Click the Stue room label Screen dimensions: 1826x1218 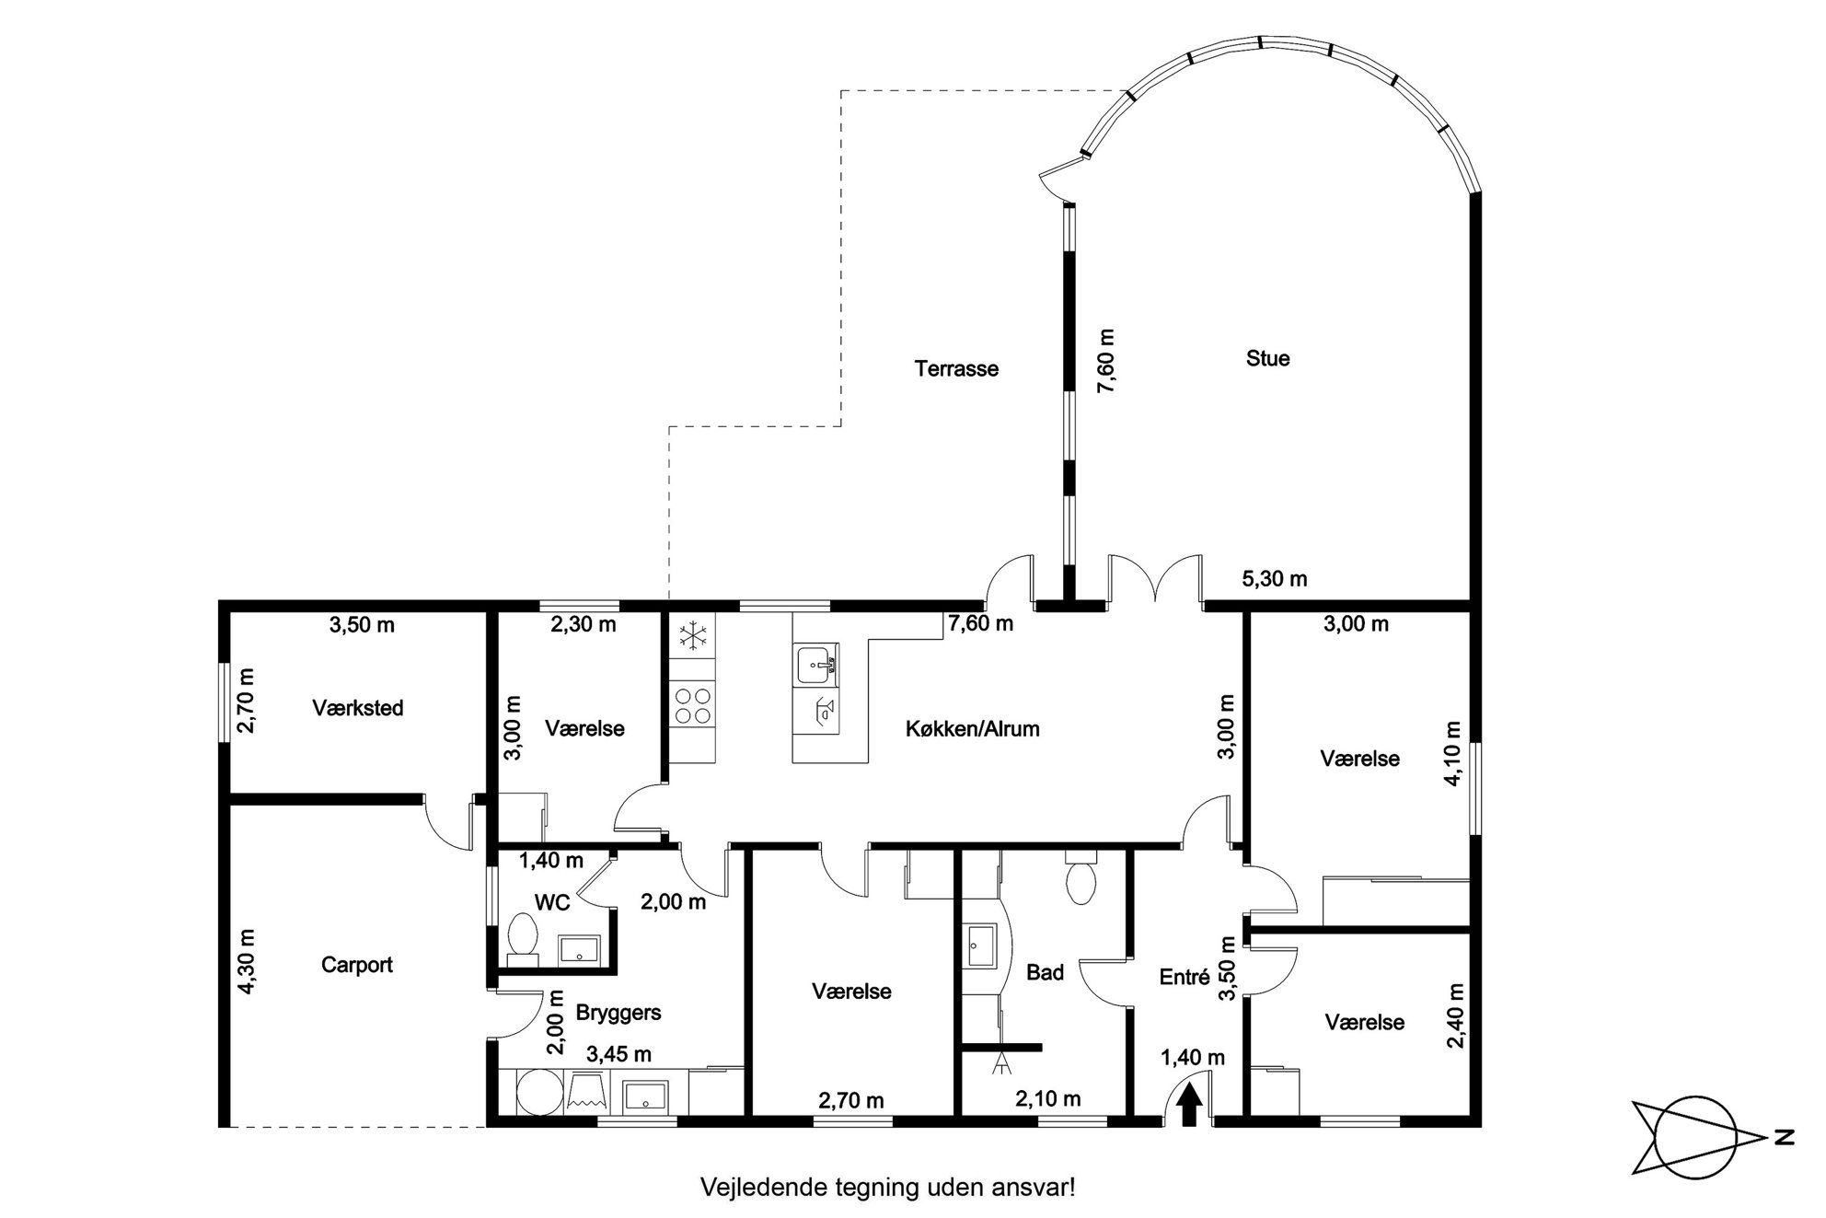pos(1267,358)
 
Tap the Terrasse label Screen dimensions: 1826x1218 pos(956,368)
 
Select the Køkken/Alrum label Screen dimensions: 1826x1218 pos(973,729)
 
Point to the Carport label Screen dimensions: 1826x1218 pos(357,965)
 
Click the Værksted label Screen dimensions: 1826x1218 pos(358,708)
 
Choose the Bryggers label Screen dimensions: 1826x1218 pos(618,1014)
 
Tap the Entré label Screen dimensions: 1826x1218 pos(1185,978)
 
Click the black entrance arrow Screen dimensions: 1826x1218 pos(1188,1105)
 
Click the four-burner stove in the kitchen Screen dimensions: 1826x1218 pos(692,705)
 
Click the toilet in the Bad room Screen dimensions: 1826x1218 pos(1080,877)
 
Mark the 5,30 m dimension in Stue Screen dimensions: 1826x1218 pos(1274,579)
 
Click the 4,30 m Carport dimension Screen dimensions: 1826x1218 pos(247,961)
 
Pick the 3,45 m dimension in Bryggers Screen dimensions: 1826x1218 pos(618,1054)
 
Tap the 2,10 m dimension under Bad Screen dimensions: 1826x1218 pos(1047,1098)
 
